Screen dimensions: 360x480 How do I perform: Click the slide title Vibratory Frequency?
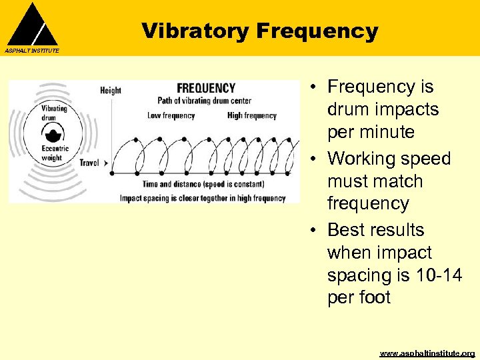click(259, 31)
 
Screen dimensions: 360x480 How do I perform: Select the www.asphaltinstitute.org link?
click(427, 353)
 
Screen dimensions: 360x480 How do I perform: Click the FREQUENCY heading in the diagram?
click(206, 88)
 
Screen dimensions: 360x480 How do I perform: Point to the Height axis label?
click(110, 90)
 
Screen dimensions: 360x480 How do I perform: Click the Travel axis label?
click(89, 162)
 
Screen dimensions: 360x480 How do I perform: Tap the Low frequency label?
click(171, 115)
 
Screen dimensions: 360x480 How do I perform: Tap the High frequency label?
click(251, 115)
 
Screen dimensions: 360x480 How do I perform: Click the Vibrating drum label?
click(54, 112)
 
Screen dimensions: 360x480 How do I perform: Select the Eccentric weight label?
click(51, 153)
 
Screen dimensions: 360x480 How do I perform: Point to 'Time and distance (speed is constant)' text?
click(203, 184)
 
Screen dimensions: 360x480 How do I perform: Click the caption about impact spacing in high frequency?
click(203, 198)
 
